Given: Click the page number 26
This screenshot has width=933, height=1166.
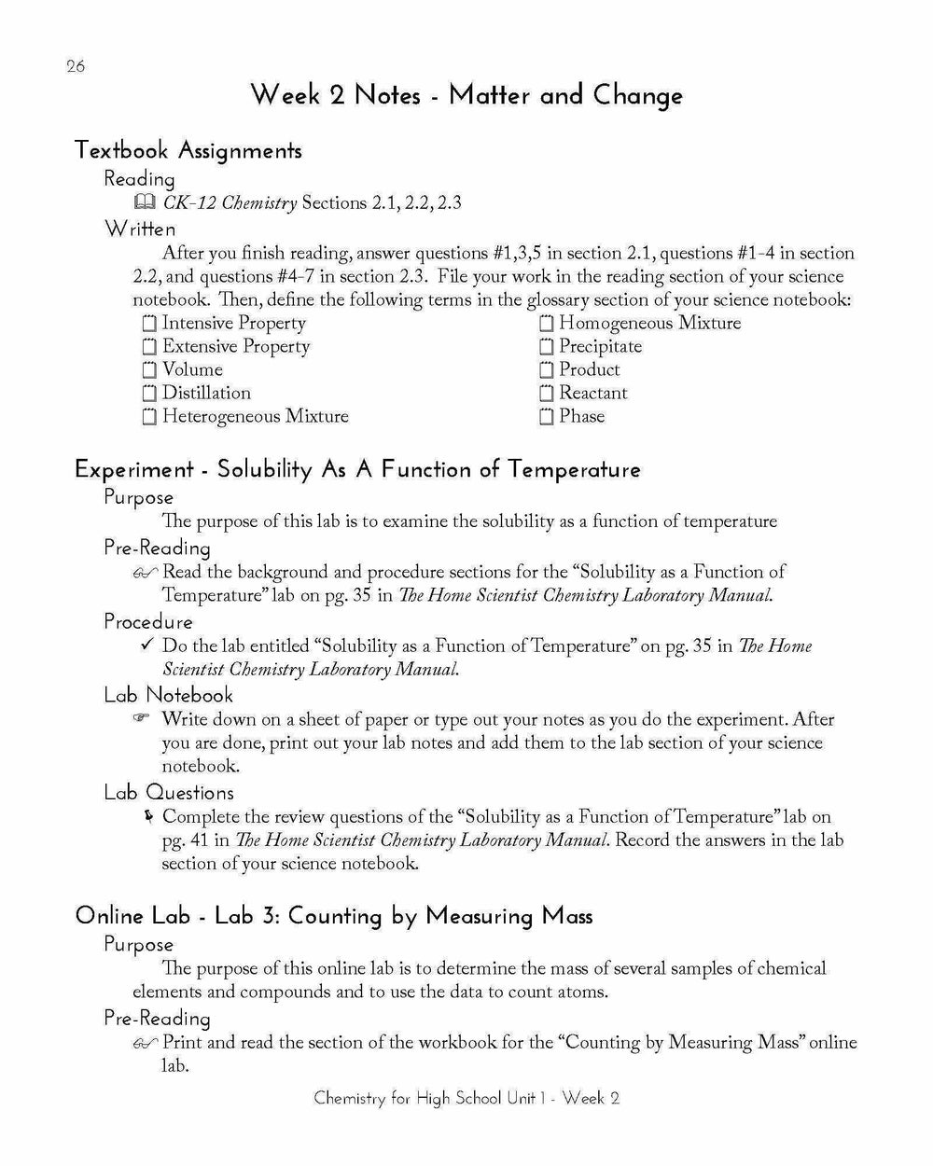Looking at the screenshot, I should pos(76,66).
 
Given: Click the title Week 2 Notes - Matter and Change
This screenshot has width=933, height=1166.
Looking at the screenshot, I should pos(466,95).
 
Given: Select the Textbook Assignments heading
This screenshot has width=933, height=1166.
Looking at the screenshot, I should pos(188,150).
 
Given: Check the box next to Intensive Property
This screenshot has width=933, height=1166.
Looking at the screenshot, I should pos(149,324).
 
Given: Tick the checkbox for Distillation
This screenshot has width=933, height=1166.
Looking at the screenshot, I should pos(149,394).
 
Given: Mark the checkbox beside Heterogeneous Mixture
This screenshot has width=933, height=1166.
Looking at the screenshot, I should pos(149,417).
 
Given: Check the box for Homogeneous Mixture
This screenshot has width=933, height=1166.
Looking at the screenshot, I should pos(546,324).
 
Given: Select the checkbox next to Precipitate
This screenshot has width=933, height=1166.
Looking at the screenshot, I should pos(546,347).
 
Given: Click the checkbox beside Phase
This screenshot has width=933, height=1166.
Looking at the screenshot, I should pos(546,417).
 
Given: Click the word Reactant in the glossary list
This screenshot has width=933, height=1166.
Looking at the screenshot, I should pos(592,394).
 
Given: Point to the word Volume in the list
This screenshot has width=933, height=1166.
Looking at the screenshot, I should pos(192,370).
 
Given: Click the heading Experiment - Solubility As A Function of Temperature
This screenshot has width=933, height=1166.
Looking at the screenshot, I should pos(357,469).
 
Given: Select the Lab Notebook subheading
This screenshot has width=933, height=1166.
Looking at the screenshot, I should pos(168,695).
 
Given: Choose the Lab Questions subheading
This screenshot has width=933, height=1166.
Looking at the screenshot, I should pos(169,793).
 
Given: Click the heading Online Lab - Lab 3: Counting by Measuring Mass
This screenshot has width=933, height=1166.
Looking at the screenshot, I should pos(333,916).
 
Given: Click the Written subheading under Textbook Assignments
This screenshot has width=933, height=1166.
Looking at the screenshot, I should pos(140,229).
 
